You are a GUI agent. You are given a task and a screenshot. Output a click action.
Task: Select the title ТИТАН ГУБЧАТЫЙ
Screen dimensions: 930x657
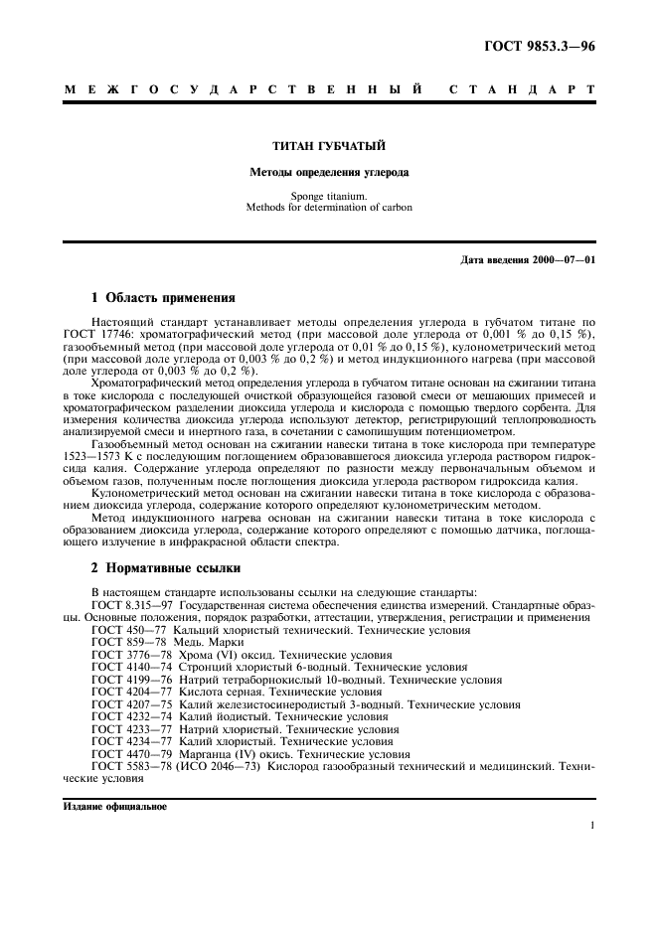click(x=329, y=147)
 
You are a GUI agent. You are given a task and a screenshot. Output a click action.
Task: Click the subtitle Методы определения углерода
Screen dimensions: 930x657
click(x=329, y=172)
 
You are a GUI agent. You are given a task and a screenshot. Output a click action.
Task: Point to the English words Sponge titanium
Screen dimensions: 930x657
click(x=329, y=196)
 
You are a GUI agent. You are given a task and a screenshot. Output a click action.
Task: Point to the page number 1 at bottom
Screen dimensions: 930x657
click(x=592, y=825)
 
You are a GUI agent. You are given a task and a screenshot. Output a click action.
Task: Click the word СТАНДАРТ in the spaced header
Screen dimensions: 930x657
click(x=521, y=89)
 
